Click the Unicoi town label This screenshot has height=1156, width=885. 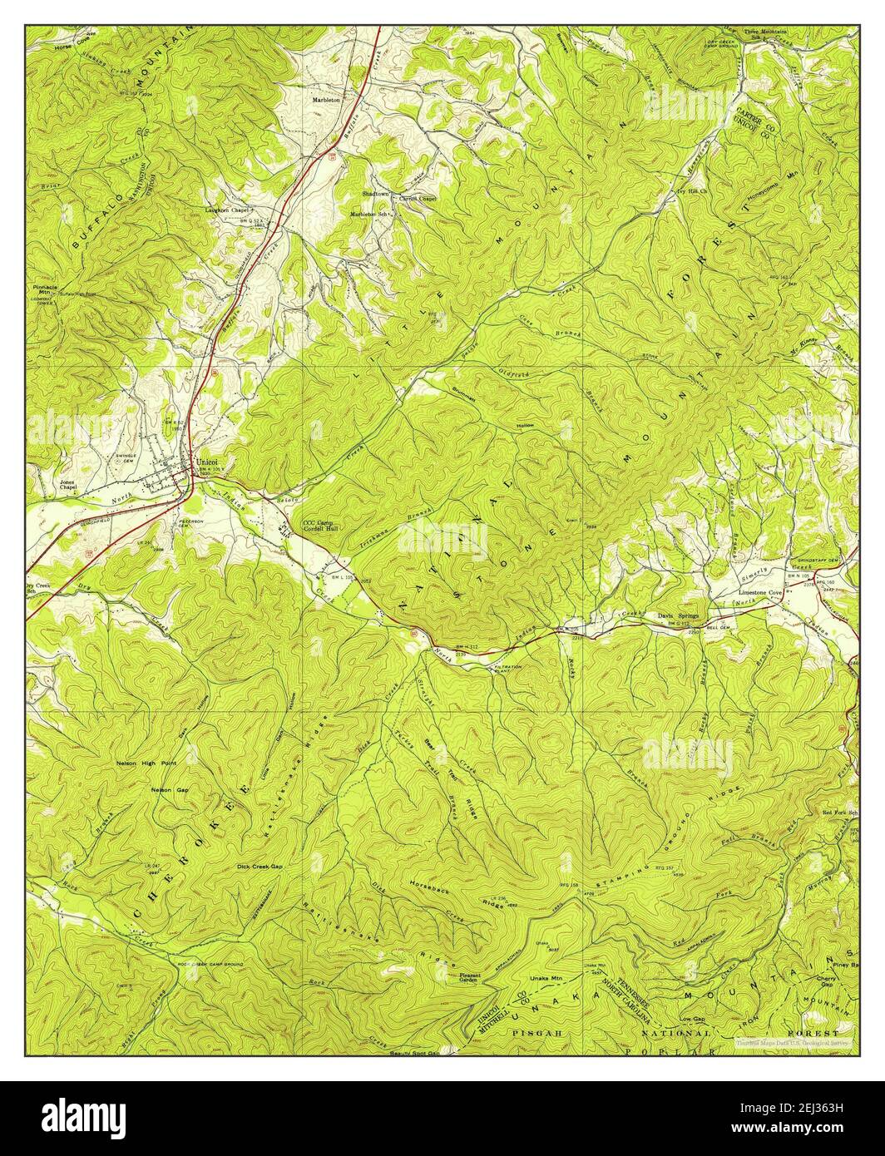(205, 461)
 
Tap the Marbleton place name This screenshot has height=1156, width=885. (326, 99)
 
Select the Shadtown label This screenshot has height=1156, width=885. (375, 193)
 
